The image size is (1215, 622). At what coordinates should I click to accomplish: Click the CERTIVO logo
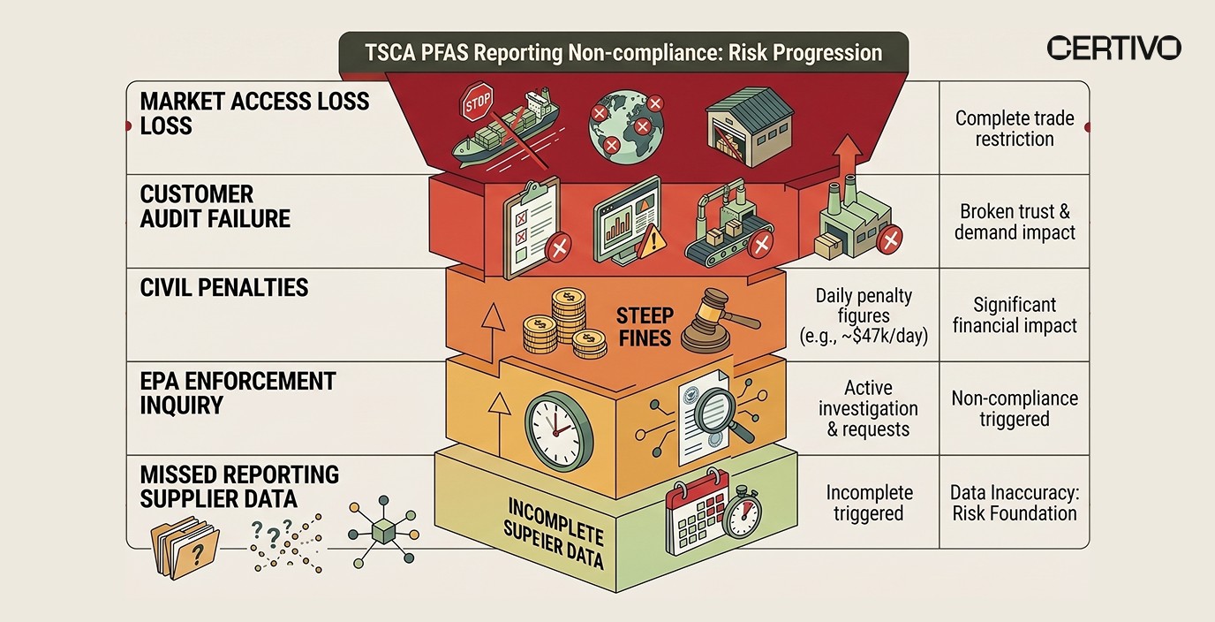pos(1113,48)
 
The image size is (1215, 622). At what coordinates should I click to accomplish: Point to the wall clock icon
pos(554,422)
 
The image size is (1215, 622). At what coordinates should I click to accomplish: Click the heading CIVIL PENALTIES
pos(224,287)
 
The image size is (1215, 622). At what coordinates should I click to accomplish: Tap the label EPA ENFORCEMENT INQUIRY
pos(238,393)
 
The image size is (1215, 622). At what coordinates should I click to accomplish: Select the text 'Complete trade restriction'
pos(1015,129)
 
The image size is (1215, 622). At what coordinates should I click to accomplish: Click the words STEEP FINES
pos(645,326)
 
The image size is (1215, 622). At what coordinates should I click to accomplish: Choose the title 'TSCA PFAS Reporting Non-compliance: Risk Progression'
pos(623,52)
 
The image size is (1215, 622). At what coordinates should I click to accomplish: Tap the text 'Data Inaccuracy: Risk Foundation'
pos(1014,503)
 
